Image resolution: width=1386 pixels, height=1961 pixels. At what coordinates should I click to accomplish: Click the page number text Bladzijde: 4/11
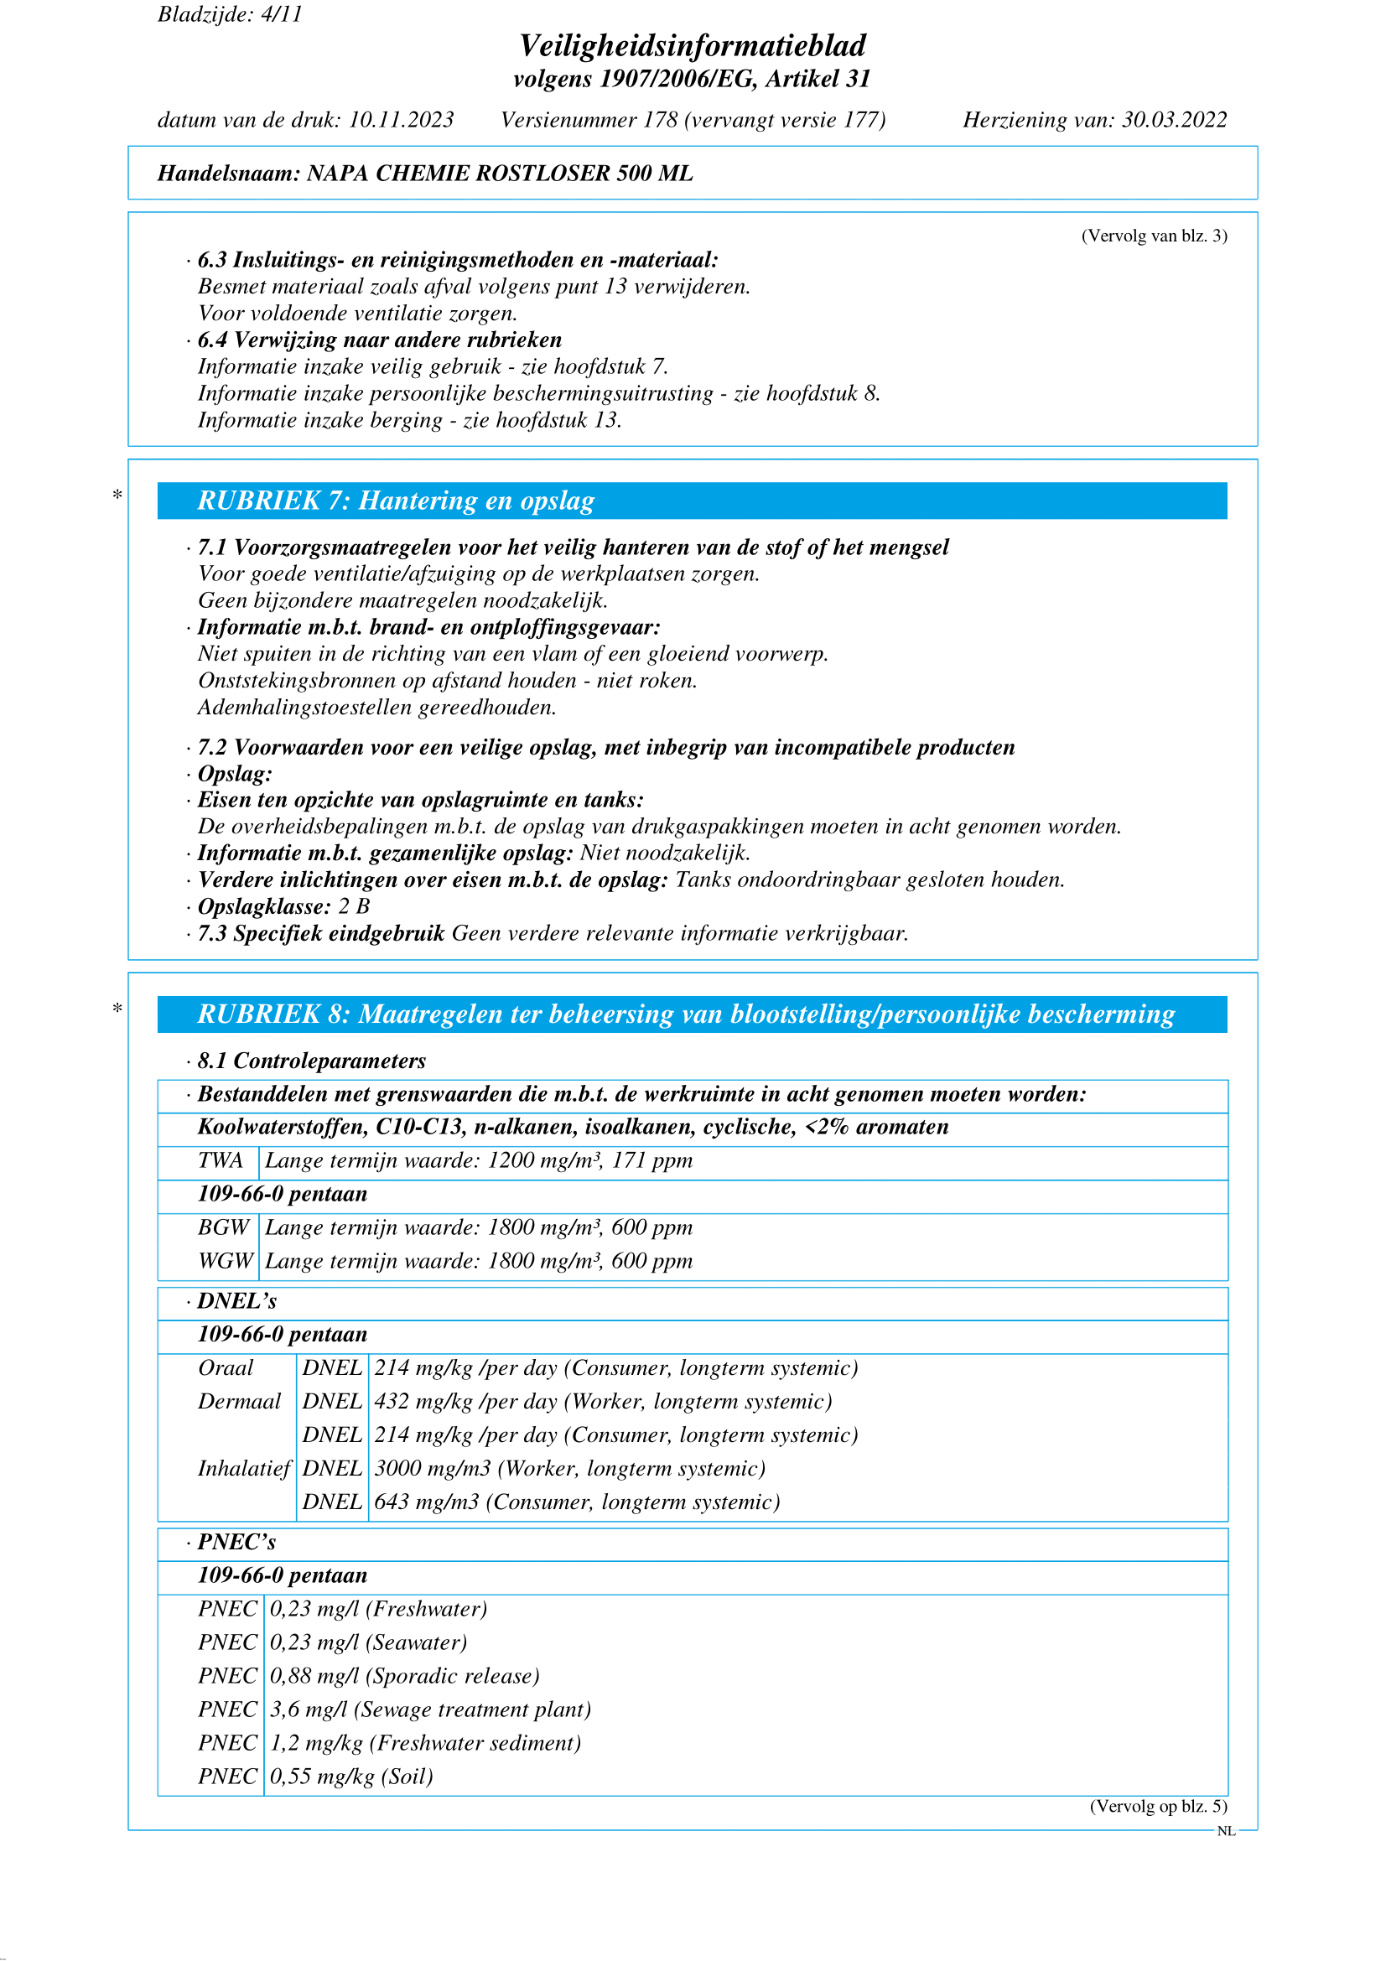tap(230, 14)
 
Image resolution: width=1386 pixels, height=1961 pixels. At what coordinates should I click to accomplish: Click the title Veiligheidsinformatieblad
tap(692, 45)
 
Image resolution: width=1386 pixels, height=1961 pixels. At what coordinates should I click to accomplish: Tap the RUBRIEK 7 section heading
tap(396, 501)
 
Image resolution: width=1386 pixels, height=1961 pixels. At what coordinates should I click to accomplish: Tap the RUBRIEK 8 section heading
tap(686, 1014)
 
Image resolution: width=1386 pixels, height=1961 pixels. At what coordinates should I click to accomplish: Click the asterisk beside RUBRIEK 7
tap(117, 495)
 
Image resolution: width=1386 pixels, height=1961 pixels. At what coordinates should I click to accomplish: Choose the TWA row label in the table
tap(221, 1160)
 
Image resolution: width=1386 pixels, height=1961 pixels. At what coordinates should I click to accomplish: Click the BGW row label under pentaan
tap(223, 1227)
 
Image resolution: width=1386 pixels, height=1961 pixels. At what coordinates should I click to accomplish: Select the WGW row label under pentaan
tap(226, 1261)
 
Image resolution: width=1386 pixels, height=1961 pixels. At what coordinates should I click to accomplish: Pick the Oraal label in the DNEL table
tap(226, 1367)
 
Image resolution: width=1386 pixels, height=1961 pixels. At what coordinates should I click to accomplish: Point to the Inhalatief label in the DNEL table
tap(244, 1468)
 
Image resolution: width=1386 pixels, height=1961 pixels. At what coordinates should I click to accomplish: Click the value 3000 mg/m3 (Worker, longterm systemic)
tap(569, 1468)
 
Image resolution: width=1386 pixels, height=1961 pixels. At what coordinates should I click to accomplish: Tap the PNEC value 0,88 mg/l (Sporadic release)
tap(405, 1676)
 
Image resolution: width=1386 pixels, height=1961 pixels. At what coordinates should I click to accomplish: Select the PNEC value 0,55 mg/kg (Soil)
tap(352, 1777)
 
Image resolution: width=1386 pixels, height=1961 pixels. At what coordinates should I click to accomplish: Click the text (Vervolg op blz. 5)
tap(1158, 1807)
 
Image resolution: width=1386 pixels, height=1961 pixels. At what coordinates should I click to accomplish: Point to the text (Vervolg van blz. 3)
tap(1154, 236)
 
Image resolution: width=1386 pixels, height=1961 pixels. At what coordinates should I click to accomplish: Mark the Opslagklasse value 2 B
tap(354, 906)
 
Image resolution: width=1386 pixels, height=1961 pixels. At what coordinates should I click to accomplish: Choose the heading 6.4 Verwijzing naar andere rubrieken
tap(379, 340)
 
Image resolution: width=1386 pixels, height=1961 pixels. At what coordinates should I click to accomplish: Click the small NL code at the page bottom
tap(1226, 1831)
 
